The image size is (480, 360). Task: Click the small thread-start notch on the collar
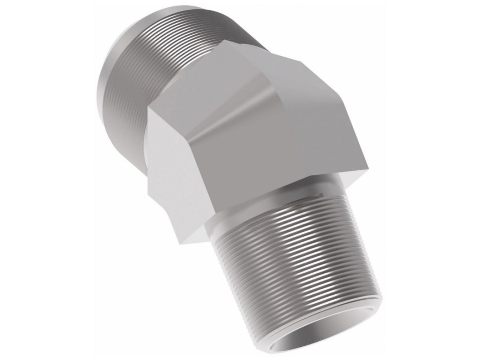coord(319,195)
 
